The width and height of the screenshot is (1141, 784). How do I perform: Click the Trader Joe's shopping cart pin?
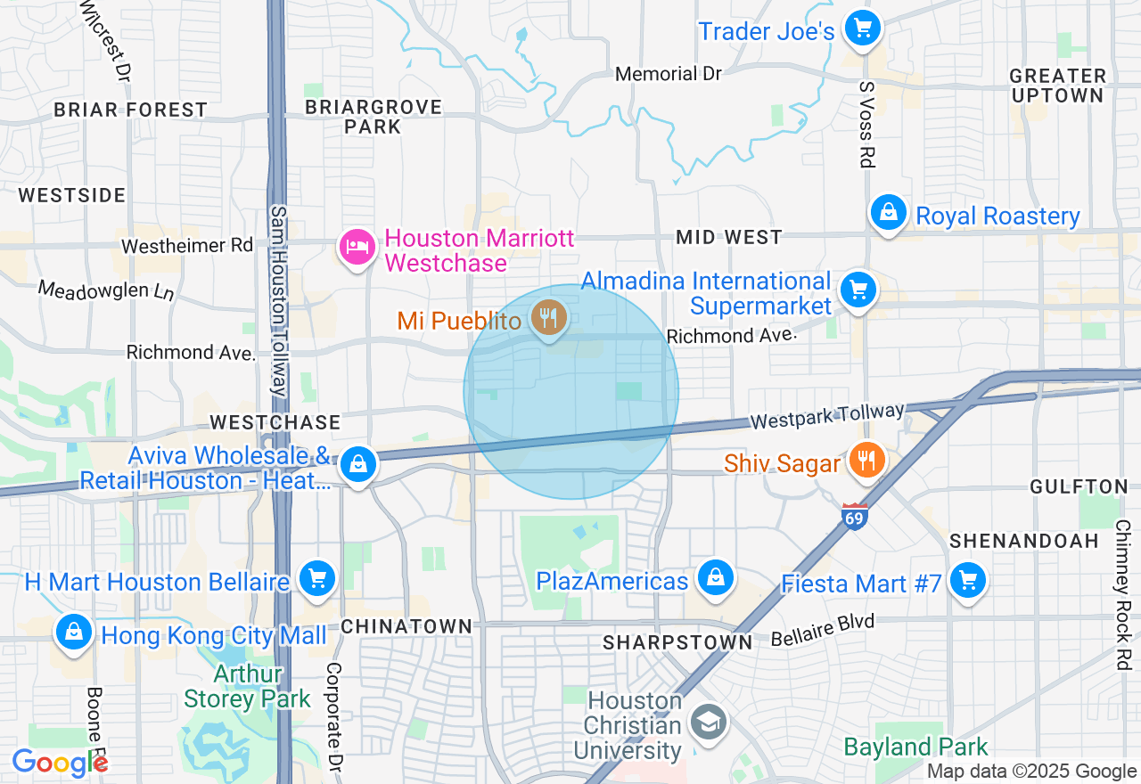point(862,29)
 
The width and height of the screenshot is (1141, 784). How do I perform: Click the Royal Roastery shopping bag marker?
point(889,213)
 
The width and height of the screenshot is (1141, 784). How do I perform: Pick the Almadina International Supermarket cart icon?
point(858,290)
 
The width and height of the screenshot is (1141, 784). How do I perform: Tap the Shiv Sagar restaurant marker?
point(865,461)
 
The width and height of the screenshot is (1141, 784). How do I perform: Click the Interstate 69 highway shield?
point(854,516)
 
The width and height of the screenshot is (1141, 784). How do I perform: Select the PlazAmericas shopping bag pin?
point(715,577)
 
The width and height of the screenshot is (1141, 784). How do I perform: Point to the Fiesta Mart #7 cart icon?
point(967,580)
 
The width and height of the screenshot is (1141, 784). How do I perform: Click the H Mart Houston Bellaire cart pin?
point(316,578)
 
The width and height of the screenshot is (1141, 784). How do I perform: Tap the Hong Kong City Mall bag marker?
point(73,632)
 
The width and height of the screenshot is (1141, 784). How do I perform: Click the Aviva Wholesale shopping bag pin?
point(358,464)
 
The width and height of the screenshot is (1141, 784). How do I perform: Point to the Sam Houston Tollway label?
point(278,301)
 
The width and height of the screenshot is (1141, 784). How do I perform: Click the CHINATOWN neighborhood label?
point(406,626)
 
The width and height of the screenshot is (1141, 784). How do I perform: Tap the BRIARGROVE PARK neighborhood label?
point(373,117)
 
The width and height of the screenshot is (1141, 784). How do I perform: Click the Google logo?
point(59,763)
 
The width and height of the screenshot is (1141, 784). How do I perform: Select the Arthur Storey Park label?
point(248,686)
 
